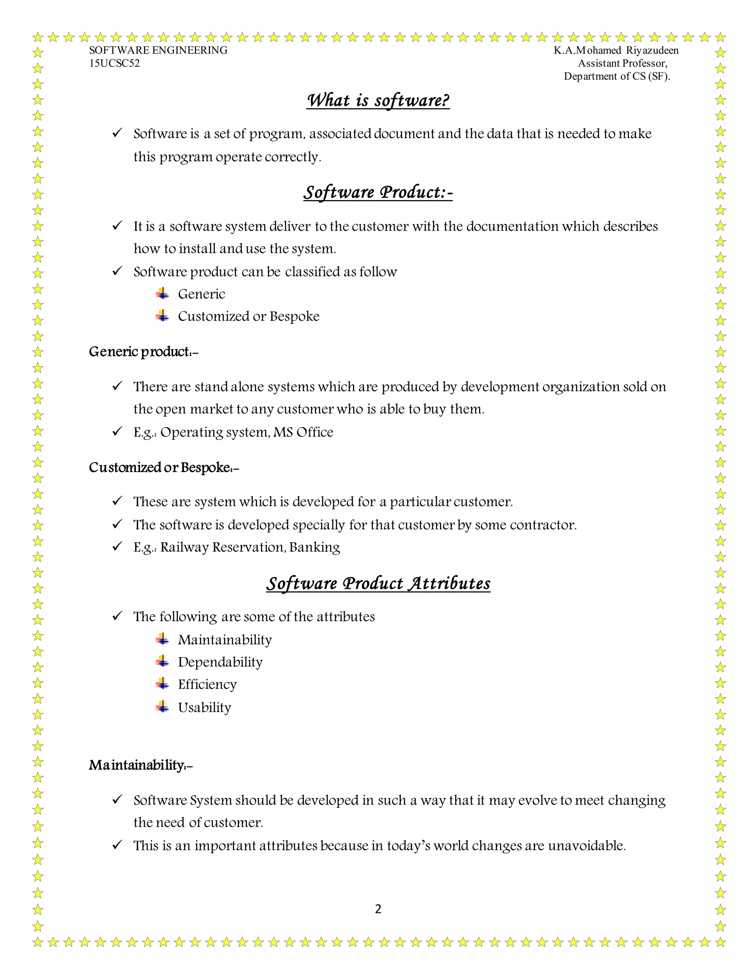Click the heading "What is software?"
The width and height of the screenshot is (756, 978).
(378, 100)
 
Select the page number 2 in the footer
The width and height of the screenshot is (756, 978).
(378, 909)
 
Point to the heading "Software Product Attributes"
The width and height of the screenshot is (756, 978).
(378, 583)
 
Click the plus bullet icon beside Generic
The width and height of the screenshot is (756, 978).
(162, 294)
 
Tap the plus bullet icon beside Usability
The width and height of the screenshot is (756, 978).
(162, 707)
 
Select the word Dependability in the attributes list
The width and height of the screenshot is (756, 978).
(220, 662)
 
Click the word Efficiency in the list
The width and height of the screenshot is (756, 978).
(207, 684)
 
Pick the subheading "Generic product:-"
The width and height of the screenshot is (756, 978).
(143, 352)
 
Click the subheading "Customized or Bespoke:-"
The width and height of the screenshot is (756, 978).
(164, 468)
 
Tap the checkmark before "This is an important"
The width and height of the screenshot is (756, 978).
(117, 845)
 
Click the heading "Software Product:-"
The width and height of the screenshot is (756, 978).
(378, 192)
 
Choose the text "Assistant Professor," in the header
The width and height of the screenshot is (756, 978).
(622, 63)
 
